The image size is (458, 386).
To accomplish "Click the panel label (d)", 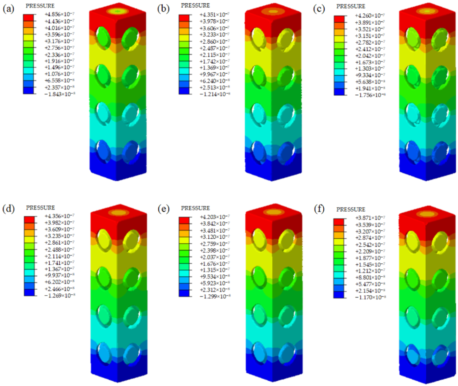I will pyautogui.click(x=8, y=209).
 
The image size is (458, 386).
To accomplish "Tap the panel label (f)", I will pyautogui.click(x=319, y=209).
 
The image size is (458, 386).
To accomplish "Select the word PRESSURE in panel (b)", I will pyautogui.click(x=195, y=5).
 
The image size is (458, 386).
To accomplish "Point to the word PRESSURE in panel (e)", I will pyautogui.click(x=195, y=208).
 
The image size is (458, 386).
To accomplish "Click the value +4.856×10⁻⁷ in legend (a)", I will pyautogui.click(x=59, y=14).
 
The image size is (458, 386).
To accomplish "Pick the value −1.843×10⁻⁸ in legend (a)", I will pyautogui.click(x=59, y=94).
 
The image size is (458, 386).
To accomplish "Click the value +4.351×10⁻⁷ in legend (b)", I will pyautogui.click(x=215, y=15).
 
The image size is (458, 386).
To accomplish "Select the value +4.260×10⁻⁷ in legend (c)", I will pyautogui.click(x=370, y=16).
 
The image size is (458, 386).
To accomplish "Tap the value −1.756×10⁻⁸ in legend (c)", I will pyautogui.click(x=370, y=95).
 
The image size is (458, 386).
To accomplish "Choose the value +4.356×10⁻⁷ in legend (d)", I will pyautogui.click(x=60, y=216).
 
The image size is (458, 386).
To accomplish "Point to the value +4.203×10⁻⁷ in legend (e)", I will pyautogui.click(x=215, y=217).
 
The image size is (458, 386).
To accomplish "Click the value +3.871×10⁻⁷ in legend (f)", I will pyautogui.click(x=370, y=218).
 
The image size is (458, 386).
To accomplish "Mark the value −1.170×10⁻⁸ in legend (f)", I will pyautogui.click(x=370, y=297).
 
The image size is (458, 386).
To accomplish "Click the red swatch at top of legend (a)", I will pyautogui.click(x=28, y=17).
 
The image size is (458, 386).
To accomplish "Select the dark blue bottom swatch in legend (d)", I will pyautogui.click(x=29, y=292).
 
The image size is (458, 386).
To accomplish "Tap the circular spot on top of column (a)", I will pyautogui.click(x=117, y=11).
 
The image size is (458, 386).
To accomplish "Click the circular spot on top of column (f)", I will pyautogui.click(x=427, y=214).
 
